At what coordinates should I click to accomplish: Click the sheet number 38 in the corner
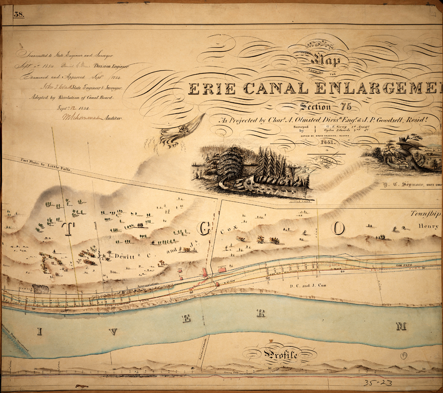[18, 15]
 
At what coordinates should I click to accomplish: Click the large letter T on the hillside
[68, 229]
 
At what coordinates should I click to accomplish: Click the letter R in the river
[261, 314]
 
